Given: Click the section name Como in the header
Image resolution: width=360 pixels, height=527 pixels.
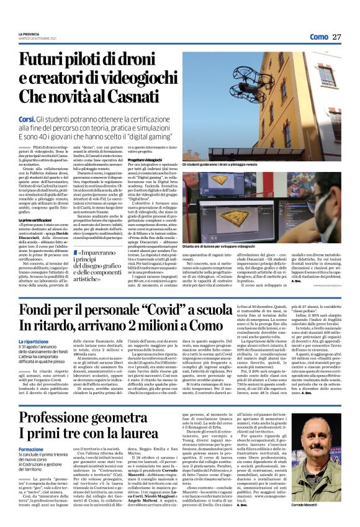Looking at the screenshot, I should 318,37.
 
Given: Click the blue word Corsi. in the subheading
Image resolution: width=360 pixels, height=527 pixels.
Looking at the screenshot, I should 29,118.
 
